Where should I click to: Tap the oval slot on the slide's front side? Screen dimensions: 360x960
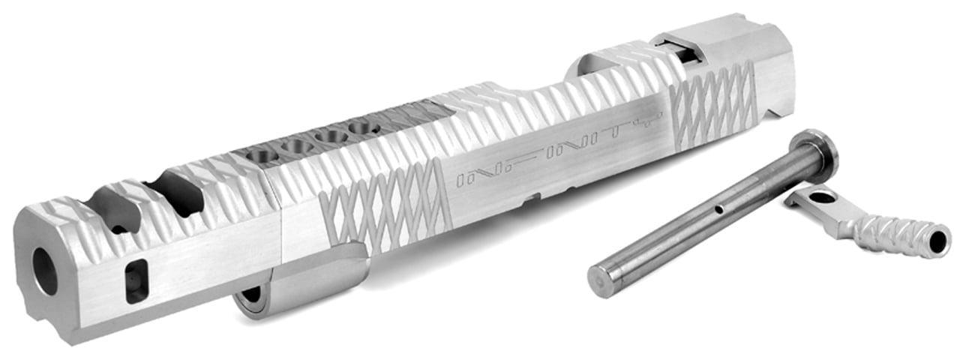click(x=136, y=280)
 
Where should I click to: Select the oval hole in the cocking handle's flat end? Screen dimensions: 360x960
click(x=823, y=198)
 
